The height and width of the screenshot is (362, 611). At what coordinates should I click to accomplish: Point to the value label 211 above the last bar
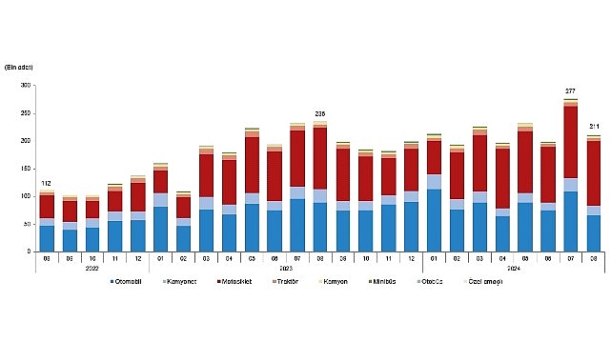[x=595, y=127]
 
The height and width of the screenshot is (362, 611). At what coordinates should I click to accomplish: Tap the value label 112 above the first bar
[x=47, y=183]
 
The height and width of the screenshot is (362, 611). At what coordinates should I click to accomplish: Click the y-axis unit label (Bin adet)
[x=21, y=66]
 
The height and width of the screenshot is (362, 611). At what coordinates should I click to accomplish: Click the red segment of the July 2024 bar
[x=571, y=143]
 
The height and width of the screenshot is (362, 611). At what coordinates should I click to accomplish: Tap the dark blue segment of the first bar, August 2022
[x=47, y=238]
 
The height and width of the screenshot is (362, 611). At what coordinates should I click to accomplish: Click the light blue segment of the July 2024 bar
[x=571, y=185]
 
